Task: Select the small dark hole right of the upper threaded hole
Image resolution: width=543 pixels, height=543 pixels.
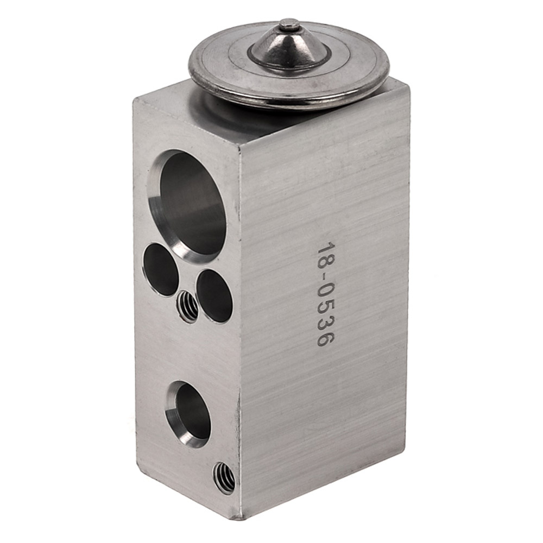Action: (213, 296)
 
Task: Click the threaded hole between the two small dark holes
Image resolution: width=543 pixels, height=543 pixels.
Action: (187, 305)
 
